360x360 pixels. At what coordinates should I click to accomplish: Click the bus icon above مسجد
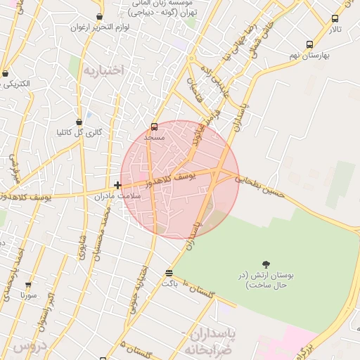pyautogui.click(x=154, y=127)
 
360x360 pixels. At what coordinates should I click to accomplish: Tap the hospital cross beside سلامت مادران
pyautogui.click(x=117, y=185)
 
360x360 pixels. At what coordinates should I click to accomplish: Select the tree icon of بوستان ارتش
pyautogui.click(x=264, y=264)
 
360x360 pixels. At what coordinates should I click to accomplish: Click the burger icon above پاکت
pyautogui.click(x=169, y=273)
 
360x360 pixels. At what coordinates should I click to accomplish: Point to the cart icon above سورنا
pyautogui.click(x=28, y=285)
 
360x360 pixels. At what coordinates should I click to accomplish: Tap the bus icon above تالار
pyautogui.click(x=335, y=18)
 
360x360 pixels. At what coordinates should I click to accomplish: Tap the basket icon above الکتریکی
pyautogui.click(x=6, y=73)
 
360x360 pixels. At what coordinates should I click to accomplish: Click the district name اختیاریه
pyautogui.click(x=103, y=70)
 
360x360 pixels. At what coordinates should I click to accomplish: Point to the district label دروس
pyautogui.click(x=28, y=347)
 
